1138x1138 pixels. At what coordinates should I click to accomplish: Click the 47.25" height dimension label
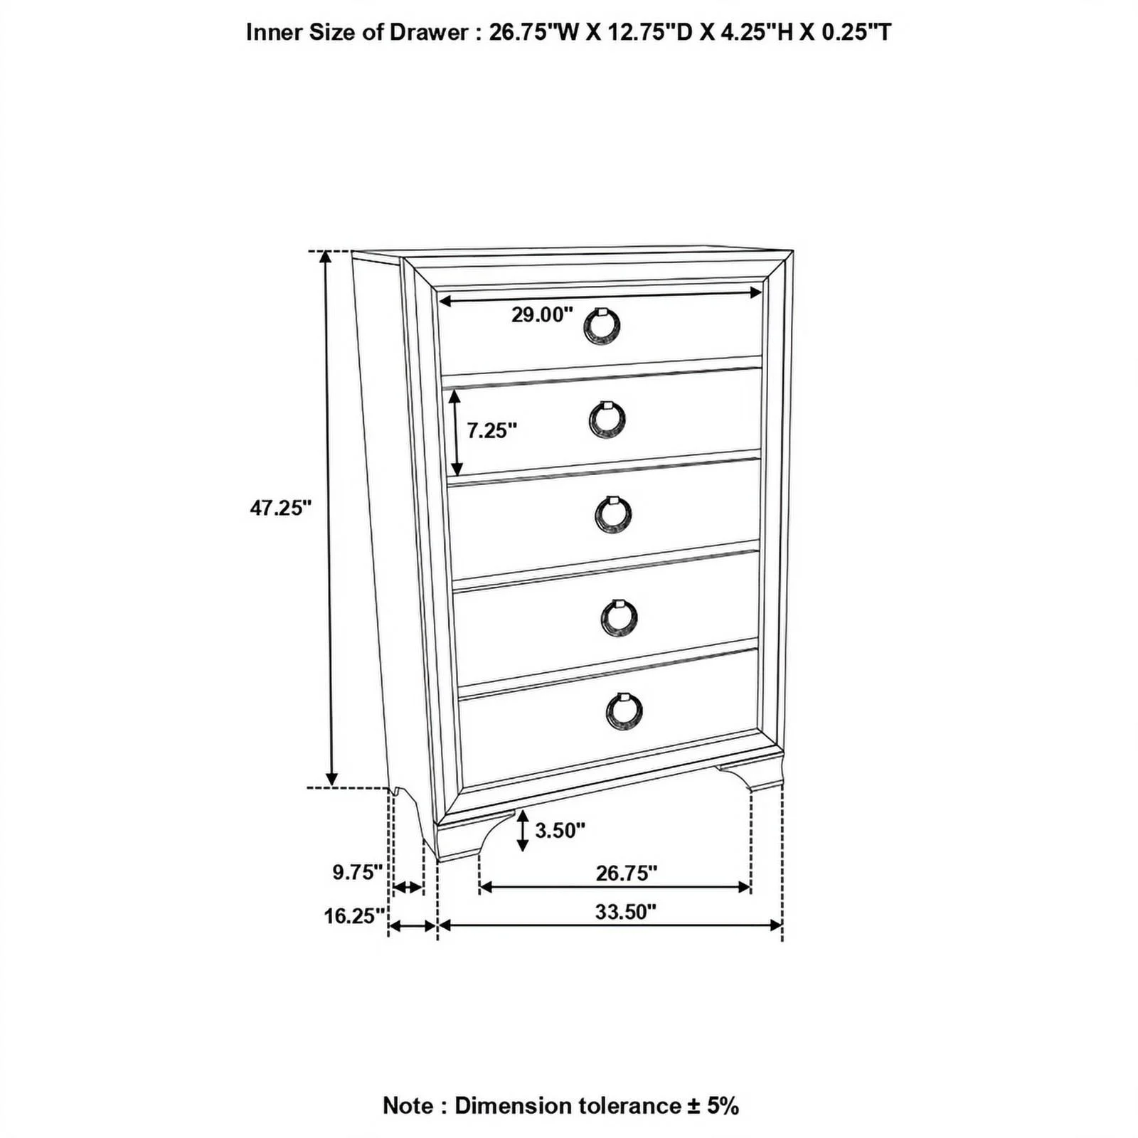click(281, 508)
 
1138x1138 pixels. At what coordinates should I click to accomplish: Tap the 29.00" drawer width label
click(542, 314)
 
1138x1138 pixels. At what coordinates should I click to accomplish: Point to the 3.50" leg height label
click(560, 829)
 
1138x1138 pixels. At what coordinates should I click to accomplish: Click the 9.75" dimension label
click(358, 872)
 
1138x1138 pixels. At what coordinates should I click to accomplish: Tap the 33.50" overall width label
click(626, 912)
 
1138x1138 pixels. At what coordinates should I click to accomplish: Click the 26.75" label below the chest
click(627, 873)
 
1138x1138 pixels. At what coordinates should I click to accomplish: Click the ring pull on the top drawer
click(602, 325)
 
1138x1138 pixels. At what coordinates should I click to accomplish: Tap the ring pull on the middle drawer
click(612, 514)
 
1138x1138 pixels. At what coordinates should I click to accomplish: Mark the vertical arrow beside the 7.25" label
click(456, 435)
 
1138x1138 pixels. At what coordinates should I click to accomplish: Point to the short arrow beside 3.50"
click(523, 830)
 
